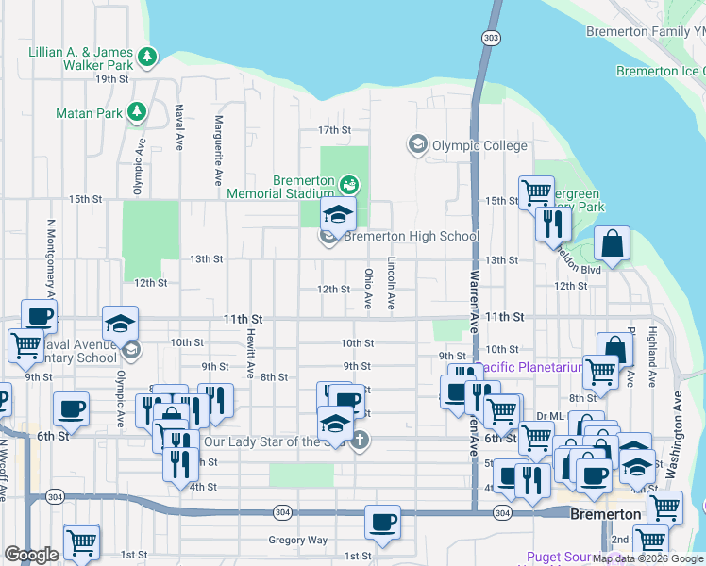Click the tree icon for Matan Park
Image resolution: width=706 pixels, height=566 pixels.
[x=137, y=112]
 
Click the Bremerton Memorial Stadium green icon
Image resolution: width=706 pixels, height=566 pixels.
[x=349, y=182]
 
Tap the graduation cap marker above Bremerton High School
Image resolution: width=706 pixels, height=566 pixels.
[x=338, y=216]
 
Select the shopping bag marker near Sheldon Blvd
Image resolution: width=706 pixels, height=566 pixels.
[x=613, y=244]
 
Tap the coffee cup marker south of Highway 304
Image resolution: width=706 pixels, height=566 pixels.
[x=382, y=523]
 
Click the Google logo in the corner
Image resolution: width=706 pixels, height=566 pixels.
[x=31, y=555]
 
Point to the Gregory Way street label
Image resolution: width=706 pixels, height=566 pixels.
[x=297, y=541]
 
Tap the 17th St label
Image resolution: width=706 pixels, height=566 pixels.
[x=334, y=129]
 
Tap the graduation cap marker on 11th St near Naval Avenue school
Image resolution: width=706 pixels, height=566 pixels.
[x=120, y=325]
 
